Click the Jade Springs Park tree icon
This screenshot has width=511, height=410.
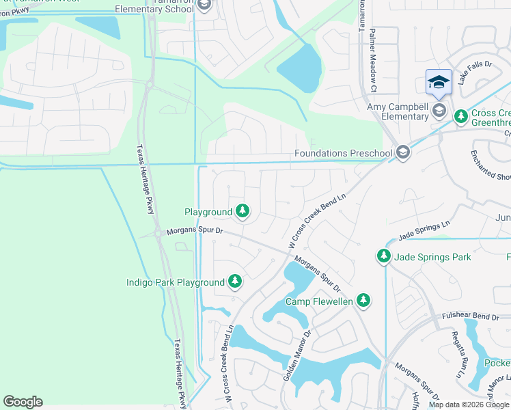[384, 256]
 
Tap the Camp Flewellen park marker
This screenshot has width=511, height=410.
[364, 300]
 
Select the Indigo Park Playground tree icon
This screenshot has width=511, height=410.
[235, 282]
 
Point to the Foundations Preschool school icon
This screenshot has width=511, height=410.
[403, 152]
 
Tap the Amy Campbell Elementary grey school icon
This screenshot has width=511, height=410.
[439, 111]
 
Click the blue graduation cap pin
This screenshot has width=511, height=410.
[439, 83]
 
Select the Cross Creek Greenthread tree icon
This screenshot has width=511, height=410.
[461, 116]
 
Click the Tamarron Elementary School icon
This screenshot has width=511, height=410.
[204, 5]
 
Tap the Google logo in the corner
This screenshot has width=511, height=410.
[23, 402]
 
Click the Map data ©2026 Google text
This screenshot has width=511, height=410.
[469, 405]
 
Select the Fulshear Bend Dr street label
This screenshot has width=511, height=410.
[471, 316]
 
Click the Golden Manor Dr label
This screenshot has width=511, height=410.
[297, 356]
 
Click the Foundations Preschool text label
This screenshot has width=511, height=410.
[344, 153]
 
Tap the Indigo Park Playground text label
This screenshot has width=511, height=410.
[176, 282]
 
